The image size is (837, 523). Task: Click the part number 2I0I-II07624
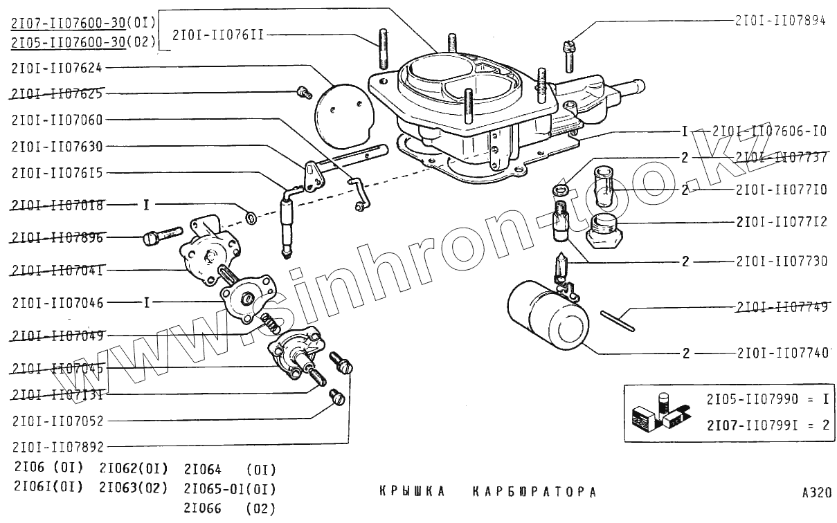tap(57, 67)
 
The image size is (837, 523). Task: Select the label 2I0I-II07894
tap(780, 21)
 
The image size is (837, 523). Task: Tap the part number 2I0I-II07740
tap(782, 353)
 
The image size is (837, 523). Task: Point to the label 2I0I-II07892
tap(57, 447)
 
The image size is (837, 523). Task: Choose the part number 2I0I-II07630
tap(57, 147)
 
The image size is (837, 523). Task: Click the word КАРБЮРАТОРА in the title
tap(534, 493)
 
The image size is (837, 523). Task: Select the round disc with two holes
tap(345, 116)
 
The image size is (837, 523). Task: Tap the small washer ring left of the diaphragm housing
tap(251, 219)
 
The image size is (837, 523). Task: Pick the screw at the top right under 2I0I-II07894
tap(568, 55)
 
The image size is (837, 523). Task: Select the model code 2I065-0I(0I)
tap(230, 488)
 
